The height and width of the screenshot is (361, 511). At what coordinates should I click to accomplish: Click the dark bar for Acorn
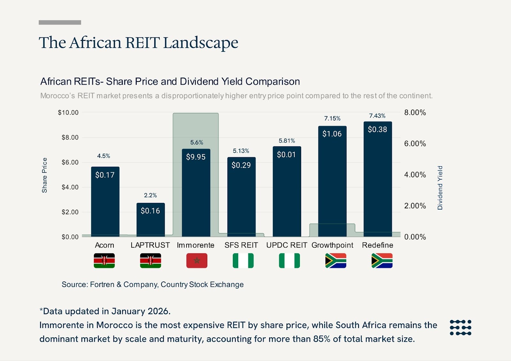(x=105, y=204)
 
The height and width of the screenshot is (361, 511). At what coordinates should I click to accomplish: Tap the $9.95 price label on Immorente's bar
(x=196, y=157)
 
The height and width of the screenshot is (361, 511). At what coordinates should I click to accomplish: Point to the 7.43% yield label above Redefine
(x=377, y=116)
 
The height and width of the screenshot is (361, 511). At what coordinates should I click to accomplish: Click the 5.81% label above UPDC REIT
(x=287, y=141)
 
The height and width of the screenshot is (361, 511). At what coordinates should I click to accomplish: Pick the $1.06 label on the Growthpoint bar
(x=332, y=134)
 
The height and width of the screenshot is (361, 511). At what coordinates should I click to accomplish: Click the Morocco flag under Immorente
(x=197, y=261)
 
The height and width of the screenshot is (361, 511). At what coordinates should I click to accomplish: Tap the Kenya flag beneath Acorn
(x=104, y=261)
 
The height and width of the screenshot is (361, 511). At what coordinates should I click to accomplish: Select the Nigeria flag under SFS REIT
(x=243, y=261)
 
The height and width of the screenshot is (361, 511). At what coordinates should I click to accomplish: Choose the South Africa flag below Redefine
(x=382, y=261)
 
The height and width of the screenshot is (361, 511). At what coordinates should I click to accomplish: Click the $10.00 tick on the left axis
(x=68, y=112)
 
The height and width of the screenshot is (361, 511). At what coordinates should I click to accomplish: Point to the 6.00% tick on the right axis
(x=415, y=143)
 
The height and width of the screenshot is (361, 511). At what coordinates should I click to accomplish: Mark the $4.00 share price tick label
(x=70, y=187)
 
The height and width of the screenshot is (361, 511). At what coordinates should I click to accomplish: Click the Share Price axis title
(x=44, y=175)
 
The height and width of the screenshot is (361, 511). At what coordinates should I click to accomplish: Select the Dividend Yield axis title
(x=440, y=188)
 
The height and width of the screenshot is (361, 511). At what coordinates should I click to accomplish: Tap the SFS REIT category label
(x=241, y=245)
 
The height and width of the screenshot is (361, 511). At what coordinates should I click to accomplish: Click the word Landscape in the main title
(x=201, y=43)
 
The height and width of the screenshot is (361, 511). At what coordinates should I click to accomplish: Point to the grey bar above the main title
(x=60, y=22)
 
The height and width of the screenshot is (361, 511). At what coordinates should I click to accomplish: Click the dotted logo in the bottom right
(x=460, y=327)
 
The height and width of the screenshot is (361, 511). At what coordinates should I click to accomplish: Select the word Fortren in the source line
(x=102, y=284)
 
